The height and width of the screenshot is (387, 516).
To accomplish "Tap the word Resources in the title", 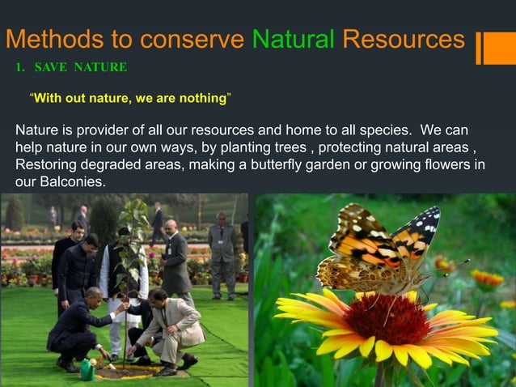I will (x=403, y=39).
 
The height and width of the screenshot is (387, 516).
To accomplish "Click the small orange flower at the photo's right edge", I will (x=486, y=279).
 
